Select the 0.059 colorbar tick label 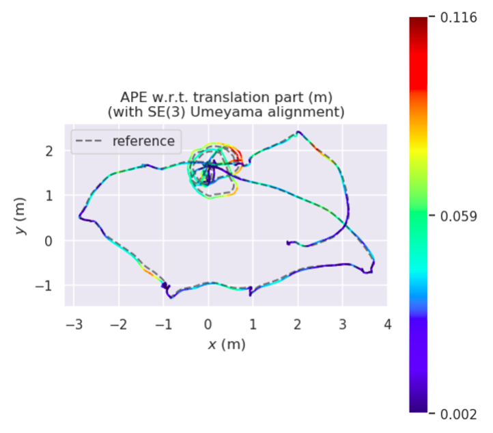pyautogui.click(x=457, y=215)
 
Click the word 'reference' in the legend pyautogui.click(x=143, y=142)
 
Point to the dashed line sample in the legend pyautogui.click(x=90, y=142)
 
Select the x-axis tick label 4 pyautogui.click(x=387, y=324)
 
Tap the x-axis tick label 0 pyautogui.click(x=208, y=324)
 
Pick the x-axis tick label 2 pyautogui.click(x=298, y=324)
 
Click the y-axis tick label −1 pyautogui.click(x=50, y=285)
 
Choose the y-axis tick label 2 pyautogui.click(x=55, y=150)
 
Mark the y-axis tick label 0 pyautogui.click(x=55, y=241)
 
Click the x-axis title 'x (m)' pyautogui.click(x=227, y=344)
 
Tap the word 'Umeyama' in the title pyautogui.click(x=259, y=111)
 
